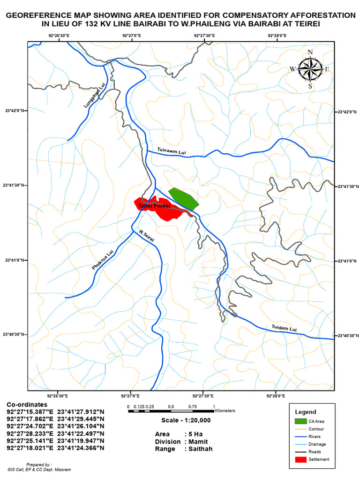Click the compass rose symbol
[309, 69]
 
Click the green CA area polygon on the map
[184, 198]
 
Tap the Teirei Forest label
[154, 206]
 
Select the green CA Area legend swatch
[300, 421]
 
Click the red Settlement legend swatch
[300, 459]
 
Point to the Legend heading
[305, 412]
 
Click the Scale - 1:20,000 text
[186, 420]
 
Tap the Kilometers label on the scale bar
[225, 411]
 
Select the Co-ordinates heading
[27, 404]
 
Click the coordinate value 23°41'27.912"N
[81, 412]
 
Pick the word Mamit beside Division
[199, 442]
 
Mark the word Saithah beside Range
[200, 449]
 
